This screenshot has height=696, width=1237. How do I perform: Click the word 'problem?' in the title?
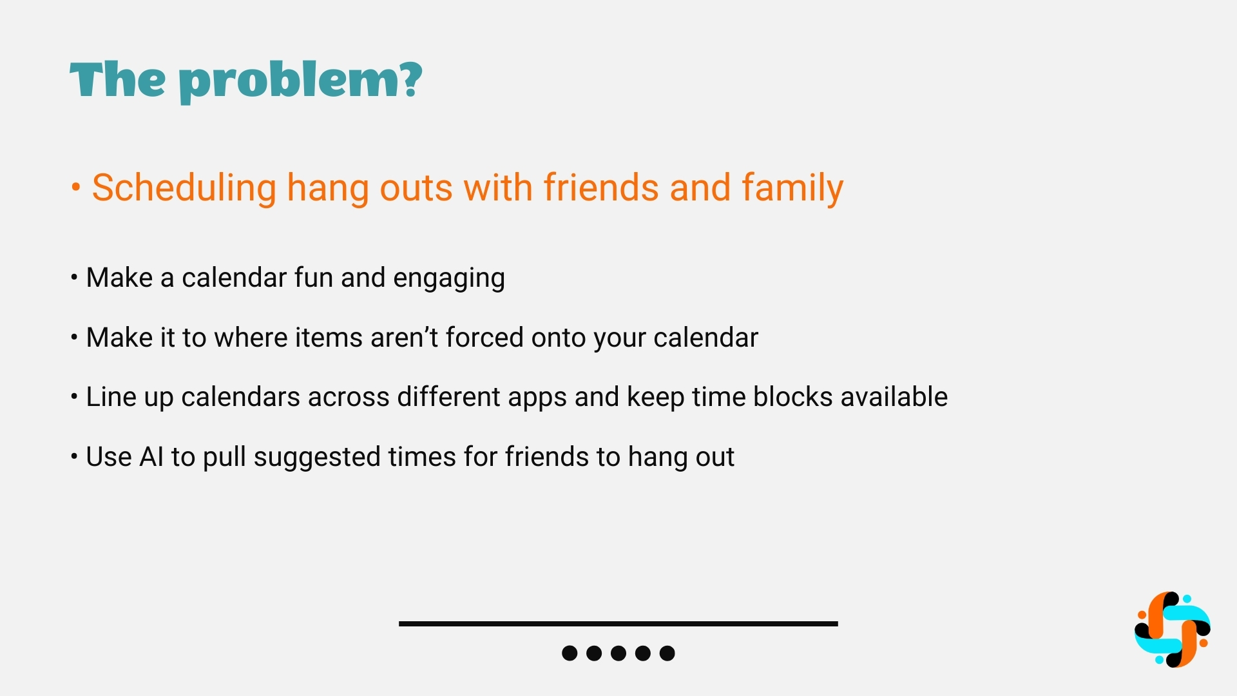(x=300, y=81)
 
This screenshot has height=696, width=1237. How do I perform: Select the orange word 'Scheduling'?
(x=184, y=188)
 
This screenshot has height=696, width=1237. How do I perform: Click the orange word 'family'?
(x=792, y=188)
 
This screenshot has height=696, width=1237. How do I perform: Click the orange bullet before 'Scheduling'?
(x=76, y=188)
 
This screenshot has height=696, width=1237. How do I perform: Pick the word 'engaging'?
(x=449, y=278)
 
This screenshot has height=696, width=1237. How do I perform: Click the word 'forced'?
(x=484, y=337)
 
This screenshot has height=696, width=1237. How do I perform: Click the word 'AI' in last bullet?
(x=151, y=457)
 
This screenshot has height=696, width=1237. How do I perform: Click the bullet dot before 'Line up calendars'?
(x=74, y=396)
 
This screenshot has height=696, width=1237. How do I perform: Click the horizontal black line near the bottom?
(x=618, y=624)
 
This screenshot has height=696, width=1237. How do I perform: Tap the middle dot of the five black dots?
(x=618, y=653)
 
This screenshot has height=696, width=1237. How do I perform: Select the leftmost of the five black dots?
(x=570, y=653)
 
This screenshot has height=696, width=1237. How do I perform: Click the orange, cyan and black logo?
(x=1173, y=630)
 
